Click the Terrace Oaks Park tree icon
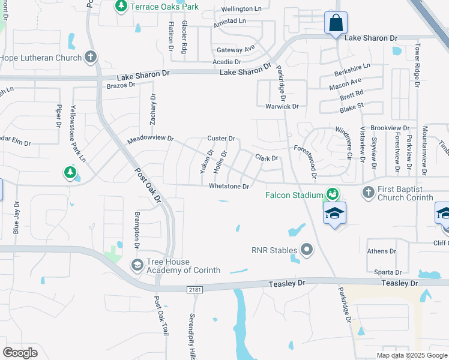tap(121, 6)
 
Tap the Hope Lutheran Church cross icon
tap(91, 58)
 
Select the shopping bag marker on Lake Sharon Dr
tap(336, 24)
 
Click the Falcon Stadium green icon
tap(331, 194)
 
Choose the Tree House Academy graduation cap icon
tap(137, 265)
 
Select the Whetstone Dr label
tap(229, 187)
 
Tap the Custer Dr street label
tap(221, 139)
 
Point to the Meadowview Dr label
tap(150, 139)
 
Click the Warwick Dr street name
tap(282, 106)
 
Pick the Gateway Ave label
tap(236, 49)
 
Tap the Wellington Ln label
tap(241, 10)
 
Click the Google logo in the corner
tap(20, 352)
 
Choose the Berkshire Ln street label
tap(352, 67)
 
